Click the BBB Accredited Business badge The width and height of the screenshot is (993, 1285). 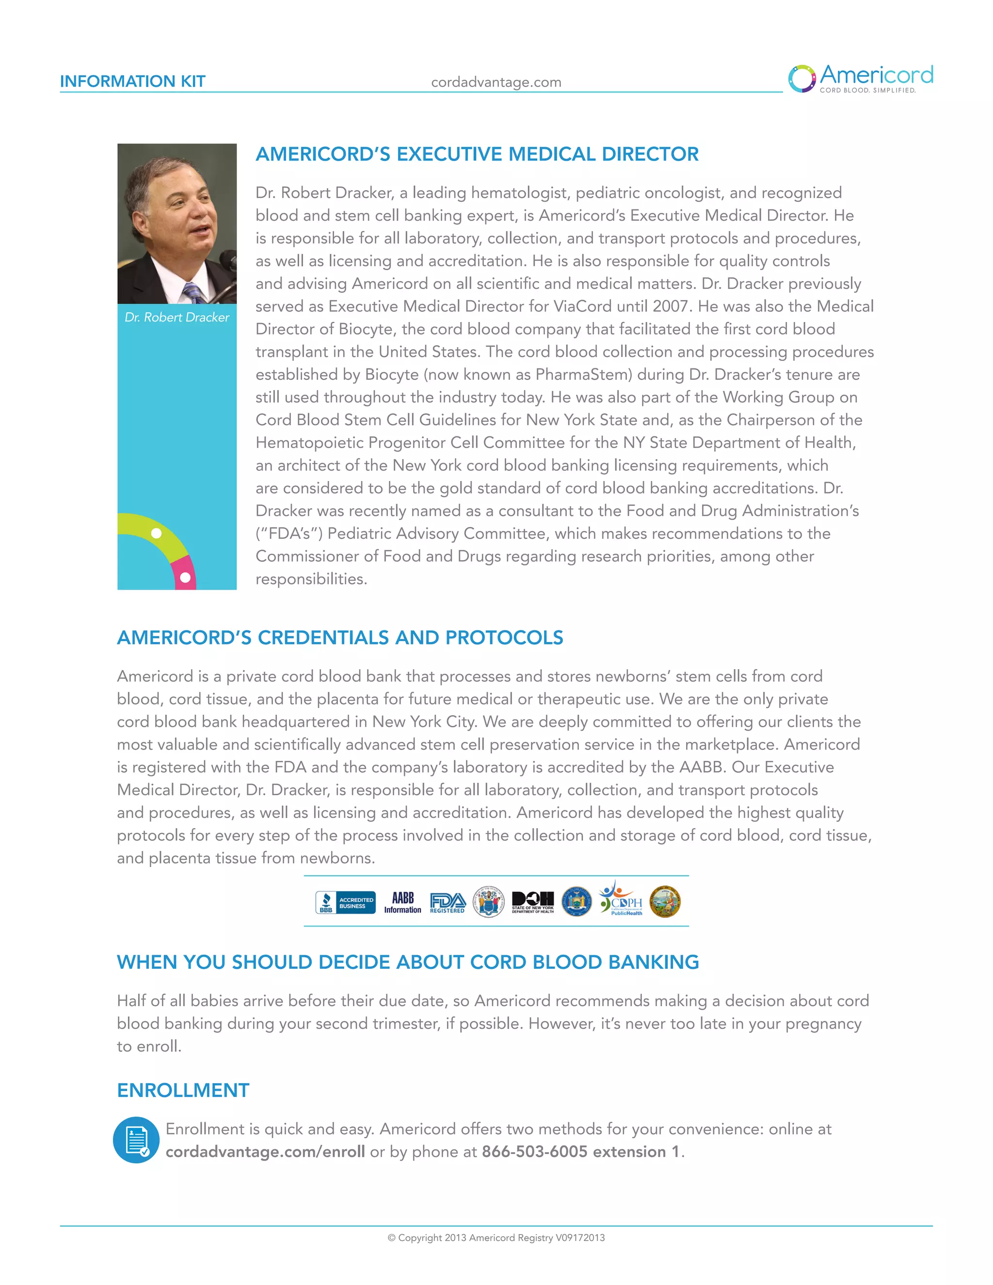(345, 902)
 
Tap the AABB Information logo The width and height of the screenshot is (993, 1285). (402, 902)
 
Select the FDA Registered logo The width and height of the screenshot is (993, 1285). (448, 902)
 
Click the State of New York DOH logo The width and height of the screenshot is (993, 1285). (532, 902)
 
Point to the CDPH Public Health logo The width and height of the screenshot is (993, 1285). (621, 900)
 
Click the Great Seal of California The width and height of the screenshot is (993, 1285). (665, 902)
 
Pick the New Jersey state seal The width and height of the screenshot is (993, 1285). (489, 901)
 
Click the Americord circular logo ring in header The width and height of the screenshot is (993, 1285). (801, 79)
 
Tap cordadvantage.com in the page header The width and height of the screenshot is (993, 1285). (496, 82)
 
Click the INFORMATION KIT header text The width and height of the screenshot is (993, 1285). (132, 81)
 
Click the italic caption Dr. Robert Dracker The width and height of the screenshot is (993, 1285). (176, 317)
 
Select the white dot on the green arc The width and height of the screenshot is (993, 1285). (157, 533)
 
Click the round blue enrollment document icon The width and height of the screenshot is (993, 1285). (136, 1140)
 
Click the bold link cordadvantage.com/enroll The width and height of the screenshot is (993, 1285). (265, 1152)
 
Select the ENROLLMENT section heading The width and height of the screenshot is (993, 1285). (183, 1090)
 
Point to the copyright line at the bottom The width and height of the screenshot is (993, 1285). (496, 1237)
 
